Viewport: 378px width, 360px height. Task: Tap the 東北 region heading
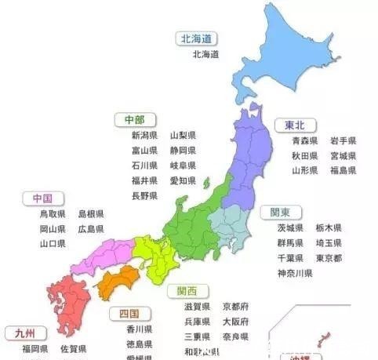(290, 125)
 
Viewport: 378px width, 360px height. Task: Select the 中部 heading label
(134, 119)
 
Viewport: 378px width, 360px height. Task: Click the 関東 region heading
(281, 213)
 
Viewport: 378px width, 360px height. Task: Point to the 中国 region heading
(42, 198)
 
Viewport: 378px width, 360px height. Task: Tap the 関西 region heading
(187, 291)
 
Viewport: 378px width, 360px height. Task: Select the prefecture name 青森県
(304, 141)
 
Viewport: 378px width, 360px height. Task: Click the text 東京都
(329, 258)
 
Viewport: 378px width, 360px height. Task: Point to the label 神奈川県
(295, 273)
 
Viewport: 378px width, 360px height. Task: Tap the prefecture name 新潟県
(144, 136)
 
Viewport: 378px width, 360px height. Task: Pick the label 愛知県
(183, 180)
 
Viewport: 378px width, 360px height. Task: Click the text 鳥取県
(53, 214)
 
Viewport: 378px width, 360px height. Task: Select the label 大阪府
(235, 322)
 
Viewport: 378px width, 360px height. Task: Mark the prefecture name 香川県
(140, 329)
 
